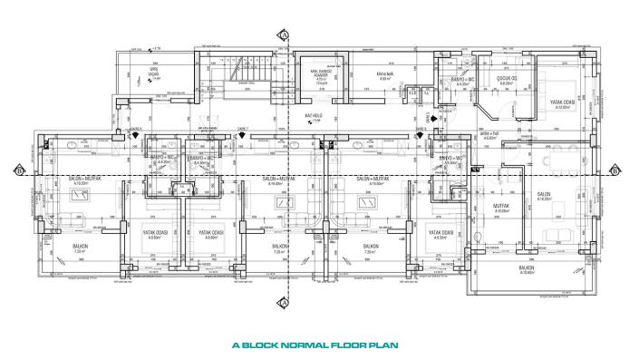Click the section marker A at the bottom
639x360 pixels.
[285, 302]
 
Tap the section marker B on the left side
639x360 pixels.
[19, 170]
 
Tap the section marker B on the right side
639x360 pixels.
[615, 170]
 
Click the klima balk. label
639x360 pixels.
[384, 75]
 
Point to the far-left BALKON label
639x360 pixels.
[81, 246]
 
